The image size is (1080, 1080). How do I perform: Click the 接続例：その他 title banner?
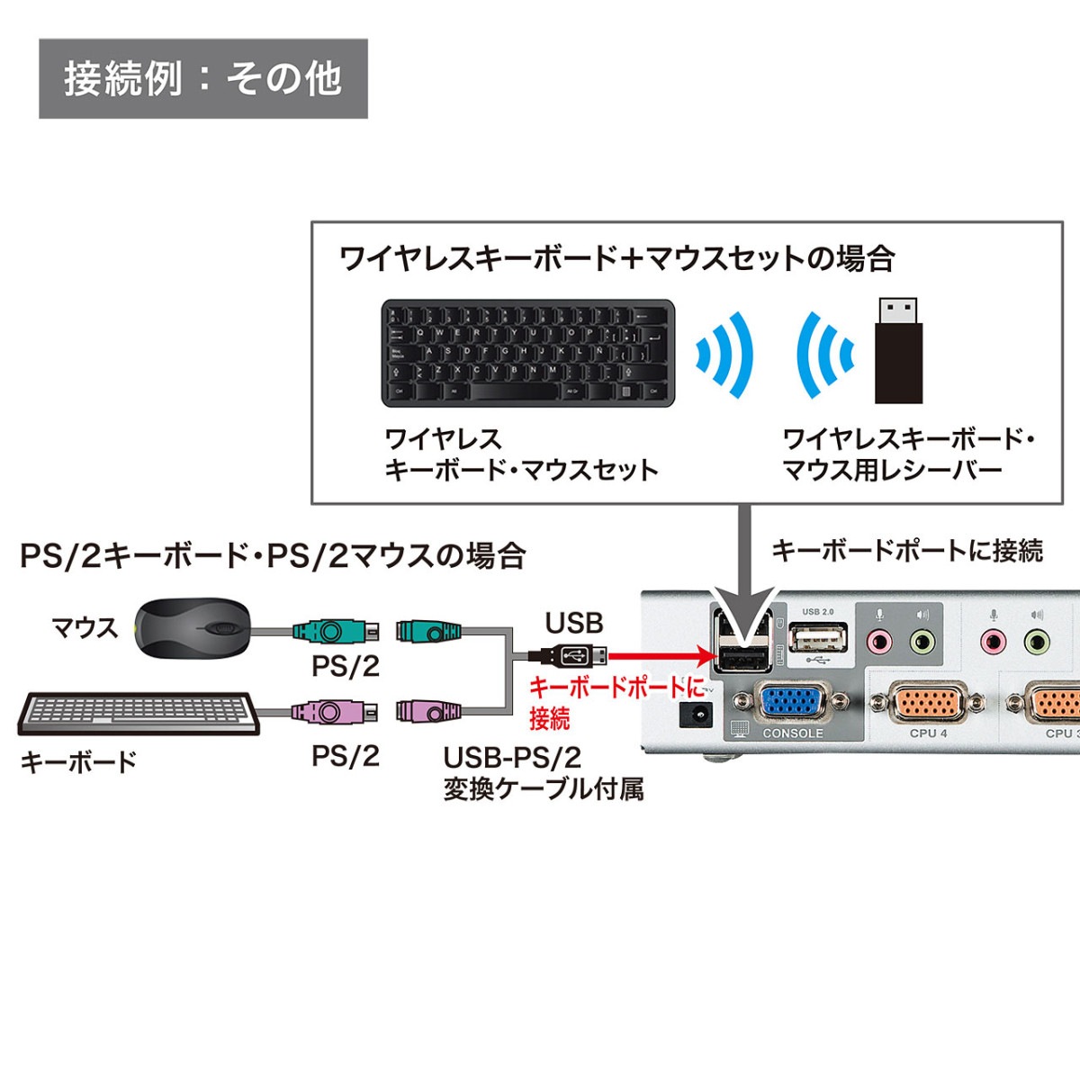[202, 78]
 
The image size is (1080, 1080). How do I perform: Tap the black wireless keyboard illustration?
[528, 353]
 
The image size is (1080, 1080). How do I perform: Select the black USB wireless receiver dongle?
[898, 351]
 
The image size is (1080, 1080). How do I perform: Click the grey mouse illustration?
[192, 626]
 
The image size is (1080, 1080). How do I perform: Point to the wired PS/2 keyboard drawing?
[139, 714]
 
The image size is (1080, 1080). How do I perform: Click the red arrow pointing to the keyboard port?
[661, 656]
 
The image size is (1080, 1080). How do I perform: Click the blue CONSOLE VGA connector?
[790, 703]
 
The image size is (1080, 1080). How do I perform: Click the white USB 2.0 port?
[818, 639]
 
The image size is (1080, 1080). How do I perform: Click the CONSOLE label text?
[792, 733]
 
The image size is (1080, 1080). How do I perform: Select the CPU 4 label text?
[928, 733]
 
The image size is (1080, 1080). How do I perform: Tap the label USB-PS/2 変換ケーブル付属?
[543, 773]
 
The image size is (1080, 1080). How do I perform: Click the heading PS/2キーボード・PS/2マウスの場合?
[273, 555]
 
